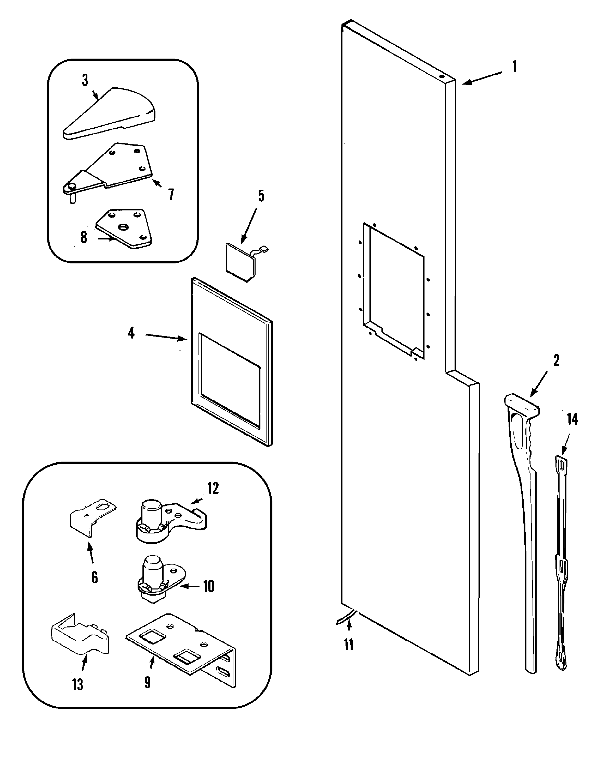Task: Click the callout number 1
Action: pos(514,67)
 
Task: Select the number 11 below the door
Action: pos(349,645)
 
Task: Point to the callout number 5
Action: pos(261,196)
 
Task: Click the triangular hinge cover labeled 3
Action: pos(110,114)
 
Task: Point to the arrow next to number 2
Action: pos(539,384)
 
